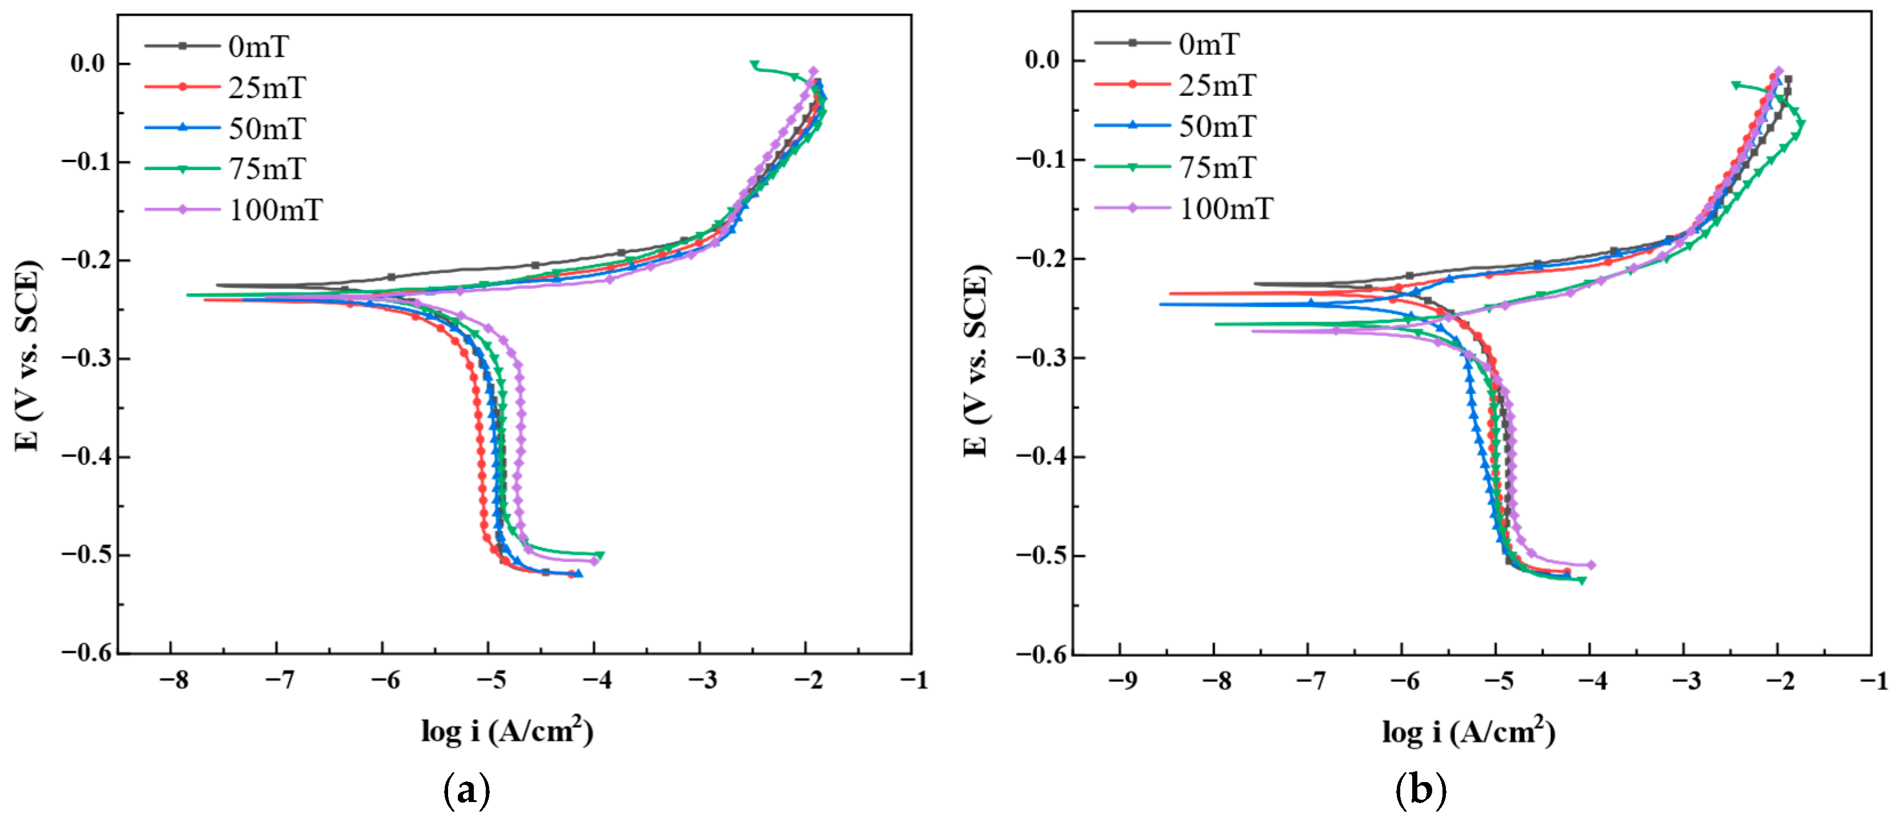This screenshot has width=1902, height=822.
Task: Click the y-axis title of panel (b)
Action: click(976, 360)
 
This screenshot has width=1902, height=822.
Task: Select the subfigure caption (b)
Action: click(1420, 790)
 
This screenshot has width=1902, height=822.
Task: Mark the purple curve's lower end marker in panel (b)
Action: click(1591, 565)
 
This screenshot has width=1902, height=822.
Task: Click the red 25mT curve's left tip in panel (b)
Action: click(1171, 293)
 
